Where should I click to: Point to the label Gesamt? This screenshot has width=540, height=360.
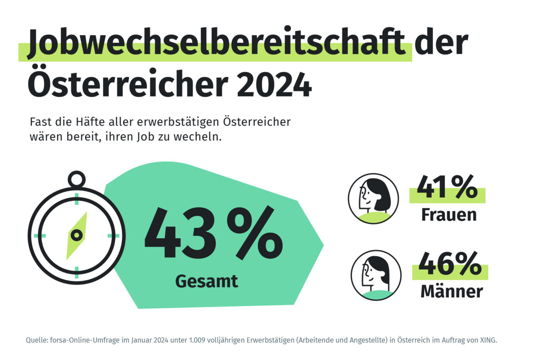(207, 281)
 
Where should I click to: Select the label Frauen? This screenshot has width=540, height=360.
(449, 215)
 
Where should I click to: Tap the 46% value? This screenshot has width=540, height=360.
(450, 264)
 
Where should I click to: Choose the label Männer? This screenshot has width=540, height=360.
(451, 292)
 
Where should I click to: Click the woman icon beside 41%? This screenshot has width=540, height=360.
(373, 199)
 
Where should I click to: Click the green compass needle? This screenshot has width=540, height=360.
(77, 235)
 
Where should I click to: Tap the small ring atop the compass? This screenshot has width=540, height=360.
(76, 179)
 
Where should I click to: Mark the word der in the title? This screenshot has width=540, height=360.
(441, 44)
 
